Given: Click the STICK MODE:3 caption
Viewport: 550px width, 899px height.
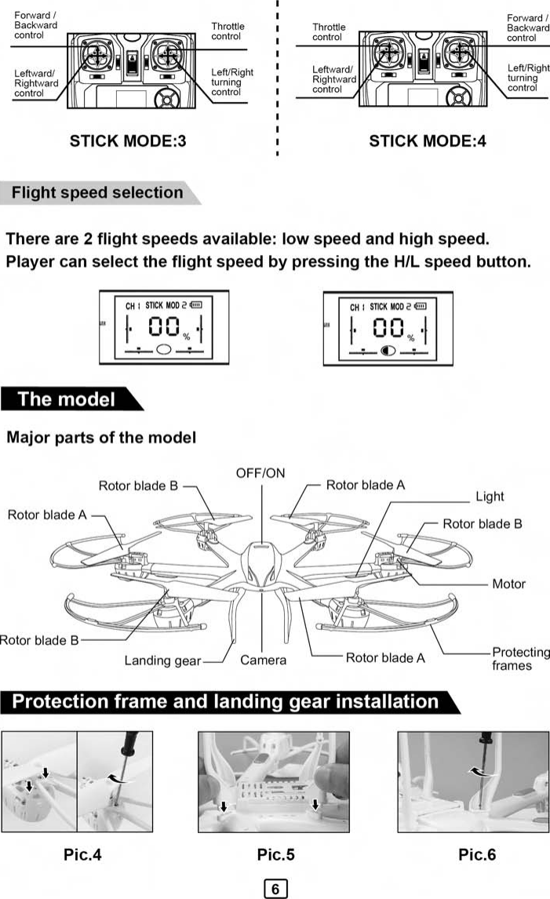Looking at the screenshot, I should click(128, 142).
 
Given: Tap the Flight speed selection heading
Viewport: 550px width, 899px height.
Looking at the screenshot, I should click(97, 192).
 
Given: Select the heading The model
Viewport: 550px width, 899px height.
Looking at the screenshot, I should click(66, 399).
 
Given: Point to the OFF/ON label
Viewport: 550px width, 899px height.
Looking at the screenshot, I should click(260, 473).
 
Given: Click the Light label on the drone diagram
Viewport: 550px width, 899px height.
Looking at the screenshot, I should click(490, 496).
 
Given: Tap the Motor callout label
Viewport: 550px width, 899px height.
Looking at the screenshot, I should click(508, 584).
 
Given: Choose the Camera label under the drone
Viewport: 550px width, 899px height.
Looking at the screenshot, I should click(263, 660).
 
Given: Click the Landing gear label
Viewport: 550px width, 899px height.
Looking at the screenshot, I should click(162, 661).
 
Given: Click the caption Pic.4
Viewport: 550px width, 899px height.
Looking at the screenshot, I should click(82, 854).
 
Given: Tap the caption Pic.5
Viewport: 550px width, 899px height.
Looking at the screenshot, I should click(276, 854).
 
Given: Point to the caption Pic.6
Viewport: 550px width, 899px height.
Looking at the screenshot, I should click(477, 854).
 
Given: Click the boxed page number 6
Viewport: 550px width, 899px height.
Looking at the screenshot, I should click(275, 889).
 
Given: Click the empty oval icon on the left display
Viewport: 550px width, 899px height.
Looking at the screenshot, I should click(163, 350).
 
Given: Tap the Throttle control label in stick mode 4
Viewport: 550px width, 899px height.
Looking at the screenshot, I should click(329, 32).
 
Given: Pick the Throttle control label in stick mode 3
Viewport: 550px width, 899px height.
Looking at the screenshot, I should click(227, 31).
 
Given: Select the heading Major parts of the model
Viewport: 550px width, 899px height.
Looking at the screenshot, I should click(101, 437).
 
